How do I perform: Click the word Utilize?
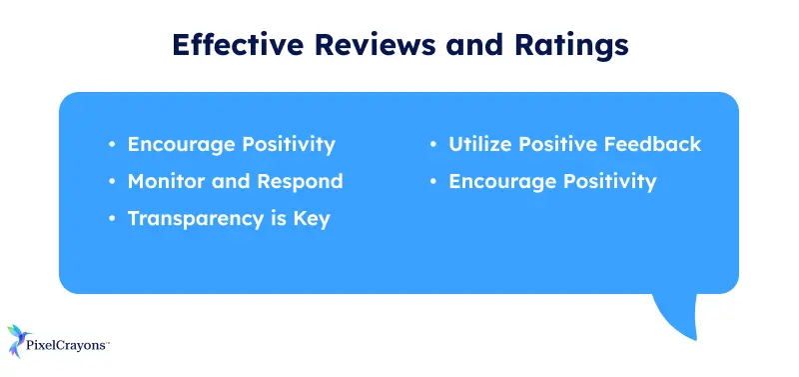(x=481, y=144)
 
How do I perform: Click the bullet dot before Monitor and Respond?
(x=112, y=182)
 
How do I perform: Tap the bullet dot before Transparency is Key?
(x=112, y=219)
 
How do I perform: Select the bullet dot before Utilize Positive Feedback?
(x=433, y=145)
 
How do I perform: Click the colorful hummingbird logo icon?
(x=21, y=341)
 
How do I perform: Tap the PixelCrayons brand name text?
(x=69, y=347)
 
